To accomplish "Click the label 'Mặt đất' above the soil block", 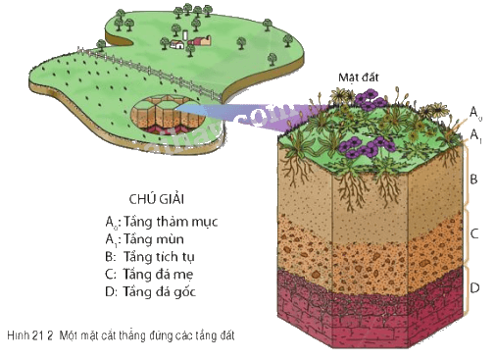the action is (x=359, y=77).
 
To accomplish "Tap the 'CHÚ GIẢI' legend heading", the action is (x=157, y=199).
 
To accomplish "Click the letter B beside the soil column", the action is (x=473, y=180).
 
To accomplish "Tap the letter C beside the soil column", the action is (x=474, y=233).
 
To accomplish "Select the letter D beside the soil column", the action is (x=474, y=287).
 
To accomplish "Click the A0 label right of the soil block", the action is (x=475, y=113).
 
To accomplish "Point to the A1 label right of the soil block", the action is (x=475, y=135).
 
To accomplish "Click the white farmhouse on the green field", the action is (x=177, y=44).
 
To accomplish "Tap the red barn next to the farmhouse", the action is (x=199, y=41).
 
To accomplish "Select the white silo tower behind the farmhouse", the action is (x=185, y=35).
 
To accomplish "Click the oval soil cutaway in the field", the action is (x=168, y=115).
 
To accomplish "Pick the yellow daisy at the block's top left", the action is (x=340, y=95).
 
